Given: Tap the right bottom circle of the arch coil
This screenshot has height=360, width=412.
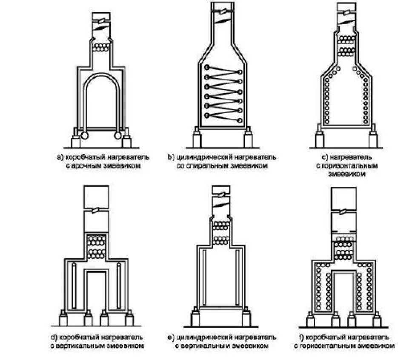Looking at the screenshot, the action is [118, 136].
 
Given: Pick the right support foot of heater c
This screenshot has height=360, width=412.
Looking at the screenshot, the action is [373, 138].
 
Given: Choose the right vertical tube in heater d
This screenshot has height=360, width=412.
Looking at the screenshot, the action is [119, 286].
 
